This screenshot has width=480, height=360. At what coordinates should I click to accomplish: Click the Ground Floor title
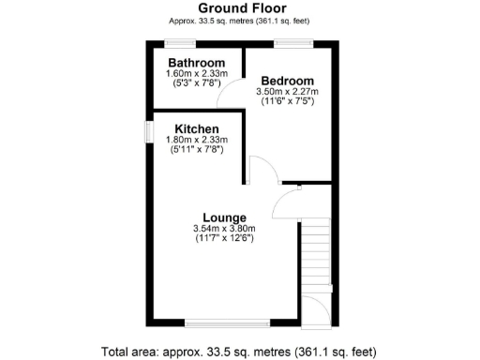click(x=239, y=8)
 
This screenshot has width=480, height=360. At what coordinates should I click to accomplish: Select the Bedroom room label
click(x=287, y=81)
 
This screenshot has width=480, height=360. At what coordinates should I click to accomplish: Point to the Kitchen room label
click(x=196, y=128)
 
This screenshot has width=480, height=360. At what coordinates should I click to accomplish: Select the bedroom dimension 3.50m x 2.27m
click(x=287, y=92)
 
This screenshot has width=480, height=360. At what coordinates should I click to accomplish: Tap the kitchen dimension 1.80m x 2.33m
click(x=196, y=140)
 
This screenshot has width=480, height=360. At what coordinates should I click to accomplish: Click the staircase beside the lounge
click(x=316, y=253)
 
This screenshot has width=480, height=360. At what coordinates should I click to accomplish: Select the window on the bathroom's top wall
click(x=180, y=41)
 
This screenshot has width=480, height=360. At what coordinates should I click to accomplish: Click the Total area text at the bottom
click(x=239, y=352)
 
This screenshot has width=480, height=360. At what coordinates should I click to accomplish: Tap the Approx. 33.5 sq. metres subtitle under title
click(x=239, y=21)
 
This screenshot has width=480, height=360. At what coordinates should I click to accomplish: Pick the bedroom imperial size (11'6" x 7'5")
click(x=287, y=101)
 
